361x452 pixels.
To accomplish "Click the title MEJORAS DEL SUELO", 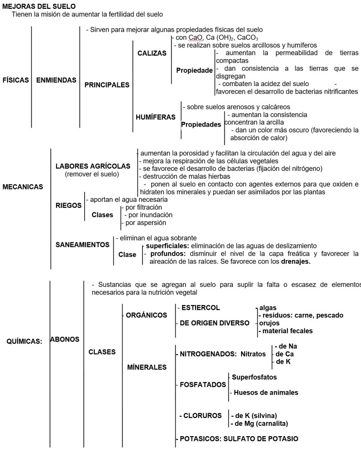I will click(39, 7).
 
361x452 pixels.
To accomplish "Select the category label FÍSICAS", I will click(16, 80).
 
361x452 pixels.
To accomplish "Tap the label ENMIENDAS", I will click(56, 80).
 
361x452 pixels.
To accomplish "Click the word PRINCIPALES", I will click(107, 85).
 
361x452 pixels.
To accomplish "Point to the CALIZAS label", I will click(152, 53).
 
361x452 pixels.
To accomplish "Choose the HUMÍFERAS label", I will click(155, 117).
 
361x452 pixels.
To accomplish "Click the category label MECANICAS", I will click(22, 187).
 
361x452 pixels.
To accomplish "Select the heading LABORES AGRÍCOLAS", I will click(93, 166).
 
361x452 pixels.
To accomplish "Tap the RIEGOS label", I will click(68, 205).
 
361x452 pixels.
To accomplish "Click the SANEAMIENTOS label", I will click(82, 244).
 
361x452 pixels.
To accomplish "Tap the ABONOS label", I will click(65, 339).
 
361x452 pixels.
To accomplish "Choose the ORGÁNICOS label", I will click(146, 315).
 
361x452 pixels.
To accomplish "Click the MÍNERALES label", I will click(147, 367).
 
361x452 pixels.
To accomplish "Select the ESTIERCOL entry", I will click(200, 308).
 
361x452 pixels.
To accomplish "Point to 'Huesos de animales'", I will click(265, 392).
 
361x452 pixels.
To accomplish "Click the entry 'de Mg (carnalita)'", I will click(260, 424).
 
